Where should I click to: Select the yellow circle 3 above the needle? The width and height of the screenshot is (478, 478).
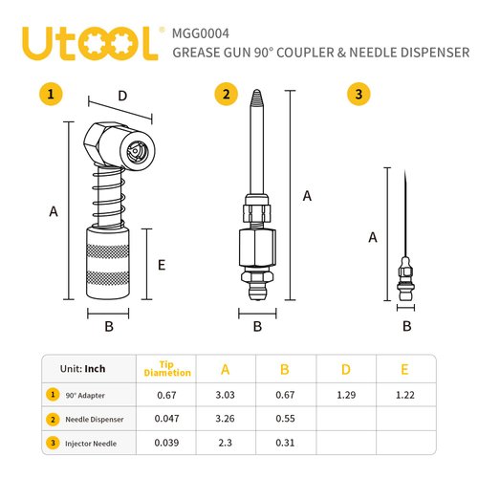[358, 94]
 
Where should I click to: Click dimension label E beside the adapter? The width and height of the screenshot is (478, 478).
[162, 265]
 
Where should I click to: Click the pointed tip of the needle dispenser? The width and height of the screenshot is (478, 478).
[257, 95]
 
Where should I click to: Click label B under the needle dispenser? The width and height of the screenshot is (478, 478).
[257, 326]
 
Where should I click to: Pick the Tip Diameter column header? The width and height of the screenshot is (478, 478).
[167, 370]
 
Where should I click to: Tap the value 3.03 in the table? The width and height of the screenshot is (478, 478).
[226, 394]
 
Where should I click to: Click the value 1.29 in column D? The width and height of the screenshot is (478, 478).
[346, 394]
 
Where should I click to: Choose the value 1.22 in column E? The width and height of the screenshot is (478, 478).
[405, 394]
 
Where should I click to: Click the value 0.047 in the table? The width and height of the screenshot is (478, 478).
[167, 418]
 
